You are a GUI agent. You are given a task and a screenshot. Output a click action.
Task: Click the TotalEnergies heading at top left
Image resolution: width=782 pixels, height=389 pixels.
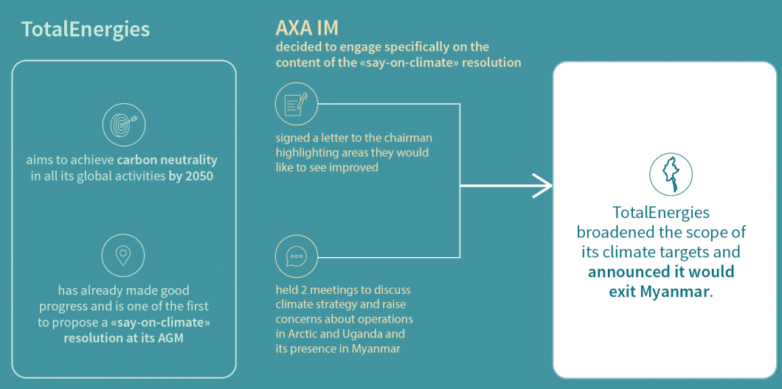(86, 29)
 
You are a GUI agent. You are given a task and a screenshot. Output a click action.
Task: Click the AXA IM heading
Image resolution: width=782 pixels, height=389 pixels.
(307, 29)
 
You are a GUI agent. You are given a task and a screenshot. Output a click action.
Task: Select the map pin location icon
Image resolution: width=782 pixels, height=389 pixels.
(123, 256)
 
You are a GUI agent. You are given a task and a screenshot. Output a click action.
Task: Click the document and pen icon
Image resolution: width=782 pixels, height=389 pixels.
(297, 104)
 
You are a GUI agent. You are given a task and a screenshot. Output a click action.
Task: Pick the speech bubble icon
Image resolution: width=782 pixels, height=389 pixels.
(297, 257)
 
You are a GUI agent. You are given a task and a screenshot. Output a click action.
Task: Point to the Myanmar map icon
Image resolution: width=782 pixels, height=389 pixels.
(671, 173)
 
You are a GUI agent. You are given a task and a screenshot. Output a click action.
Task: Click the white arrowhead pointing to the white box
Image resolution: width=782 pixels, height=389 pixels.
(543, 186)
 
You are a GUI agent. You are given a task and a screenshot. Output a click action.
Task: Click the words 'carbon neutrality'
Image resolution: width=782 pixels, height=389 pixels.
(167, 161)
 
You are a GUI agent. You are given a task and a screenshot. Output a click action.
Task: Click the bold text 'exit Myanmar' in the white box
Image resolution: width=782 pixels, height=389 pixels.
(659, 291)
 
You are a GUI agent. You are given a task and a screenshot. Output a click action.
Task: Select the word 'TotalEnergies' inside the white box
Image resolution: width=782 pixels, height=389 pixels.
(661, 213)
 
